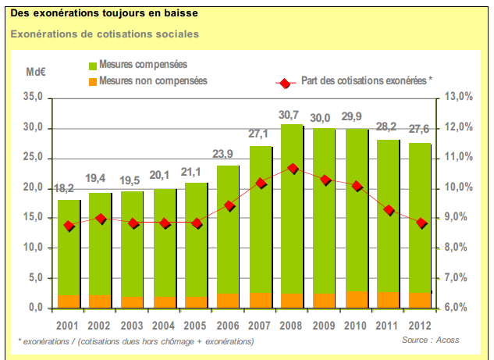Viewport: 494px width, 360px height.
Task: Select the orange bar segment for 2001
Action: (x=69, y=301)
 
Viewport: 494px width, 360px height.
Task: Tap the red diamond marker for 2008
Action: (x=292, y=168)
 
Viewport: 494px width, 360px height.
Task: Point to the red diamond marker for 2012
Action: (x=421, y=223)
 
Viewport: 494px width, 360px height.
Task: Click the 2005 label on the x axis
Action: (x=195, y=324)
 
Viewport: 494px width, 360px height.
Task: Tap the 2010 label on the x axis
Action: (x=357, y=324)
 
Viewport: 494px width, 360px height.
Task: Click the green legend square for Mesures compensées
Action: (x=93, y=65)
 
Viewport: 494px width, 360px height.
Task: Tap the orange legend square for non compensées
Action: (x=93, y=81)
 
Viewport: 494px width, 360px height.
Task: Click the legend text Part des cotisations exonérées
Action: (x=366, y=80)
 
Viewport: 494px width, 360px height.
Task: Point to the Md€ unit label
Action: (x=37, y=72)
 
